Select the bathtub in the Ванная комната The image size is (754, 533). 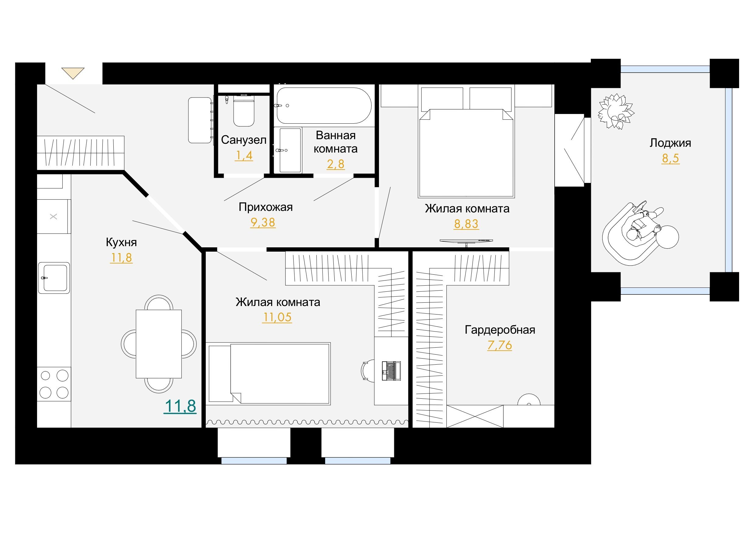coord(324,105)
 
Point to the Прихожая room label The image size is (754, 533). coord(266,207)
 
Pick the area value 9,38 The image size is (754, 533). coord(263,222)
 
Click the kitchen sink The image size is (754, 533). coord(54,277)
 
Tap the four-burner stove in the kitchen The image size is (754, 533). coord(54,384)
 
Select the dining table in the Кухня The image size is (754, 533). coord(159,344)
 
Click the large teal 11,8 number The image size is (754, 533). coord(180,406)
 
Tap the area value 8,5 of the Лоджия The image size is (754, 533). coord(670,158)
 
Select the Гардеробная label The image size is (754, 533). coord(500,330)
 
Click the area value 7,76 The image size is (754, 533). coord(500,345)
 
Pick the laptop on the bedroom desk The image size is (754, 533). coord(391,371)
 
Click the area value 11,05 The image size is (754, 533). coord(277,317)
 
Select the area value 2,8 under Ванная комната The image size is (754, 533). coord(336,163)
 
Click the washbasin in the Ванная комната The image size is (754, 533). coord(288,150)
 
